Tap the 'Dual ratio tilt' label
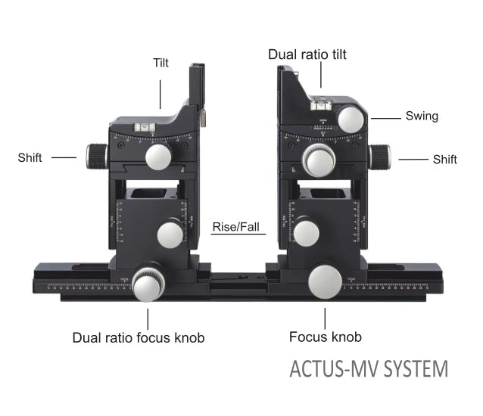tap(318, 54)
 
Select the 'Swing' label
tap(422, 116)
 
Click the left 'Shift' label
tap(30, 157)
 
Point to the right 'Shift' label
tap(444, 159)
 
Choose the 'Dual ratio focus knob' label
tap(139, 337)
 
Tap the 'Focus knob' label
tap(326, 337)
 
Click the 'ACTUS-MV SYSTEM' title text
tap(369, 370)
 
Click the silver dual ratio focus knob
tap(147, 284)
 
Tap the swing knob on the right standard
tap(352, 120)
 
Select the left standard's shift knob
tap(96, 156)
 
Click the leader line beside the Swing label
tap(386, 117)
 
